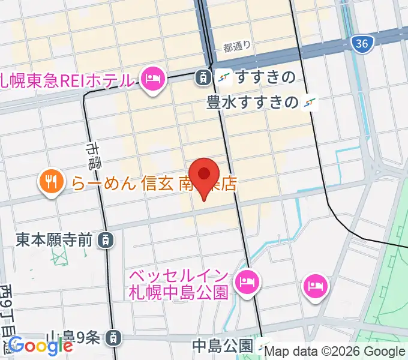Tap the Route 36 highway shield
tap(361, 43)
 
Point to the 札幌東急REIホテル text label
tap(66, 79)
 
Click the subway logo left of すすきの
tap(224, 77)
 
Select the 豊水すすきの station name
tap(253, 103)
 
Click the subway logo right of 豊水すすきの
tap(310, 103)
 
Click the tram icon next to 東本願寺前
tap(106, 241)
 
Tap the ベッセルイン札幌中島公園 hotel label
tap(179, 284)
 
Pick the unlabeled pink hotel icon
tap(316, 284)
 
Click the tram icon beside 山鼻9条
tap(112, 338)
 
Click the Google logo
tap(40, 345)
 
